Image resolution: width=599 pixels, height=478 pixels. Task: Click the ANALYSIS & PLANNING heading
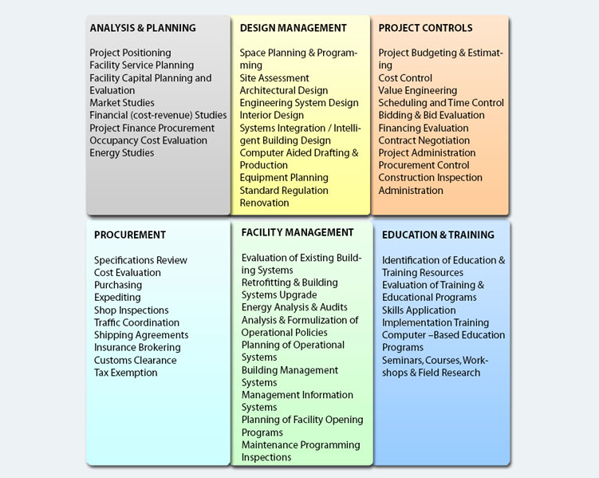tap(143, 28)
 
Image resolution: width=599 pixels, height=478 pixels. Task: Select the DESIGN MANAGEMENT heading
tap(293, 28)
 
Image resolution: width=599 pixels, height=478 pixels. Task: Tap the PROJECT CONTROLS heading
tap(425, 28)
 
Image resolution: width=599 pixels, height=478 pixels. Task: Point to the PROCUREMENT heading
tap(130, 235)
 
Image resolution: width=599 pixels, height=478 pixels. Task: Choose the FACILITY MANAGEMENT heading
tap(298, 232)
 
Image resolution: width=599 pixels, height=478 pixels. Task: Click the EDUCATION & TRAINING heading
tap(438, 235)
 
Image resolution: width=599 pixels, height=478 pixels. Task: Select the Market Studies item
tap(122, 103)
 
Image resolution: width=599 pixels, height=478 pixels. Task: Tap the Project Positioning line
tap(130, 53)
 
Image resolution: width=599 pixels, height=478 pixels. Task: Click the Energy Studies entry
tap(122, 153)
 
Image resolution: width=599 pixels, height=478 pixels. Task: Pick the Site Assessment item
tap(274, 78)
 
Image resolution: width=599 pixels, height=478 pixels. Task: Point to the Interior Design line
tap(272, 116)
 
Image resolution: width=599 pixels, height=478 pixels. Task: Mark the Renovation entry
tap(264, 203)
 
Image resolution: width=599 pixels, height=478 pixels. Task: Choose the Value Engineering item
tap(417, 90)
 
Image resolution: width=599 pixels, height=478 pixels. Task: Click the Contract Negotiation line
tap(424, 140)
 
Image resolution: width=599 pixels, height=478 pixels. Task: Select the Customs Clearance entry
tap(136, 361)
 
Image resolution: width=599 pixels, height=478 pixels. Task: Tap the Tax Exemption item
tap(126, 373)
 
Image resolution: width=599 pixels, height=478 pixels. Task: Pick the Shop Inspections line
tap(131, 310)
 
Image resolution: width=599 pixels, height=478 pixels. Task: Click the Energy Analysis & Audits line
tap(294, 307)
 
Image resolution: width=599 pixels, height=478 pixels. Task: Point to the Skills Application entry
tap(419, 310)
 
